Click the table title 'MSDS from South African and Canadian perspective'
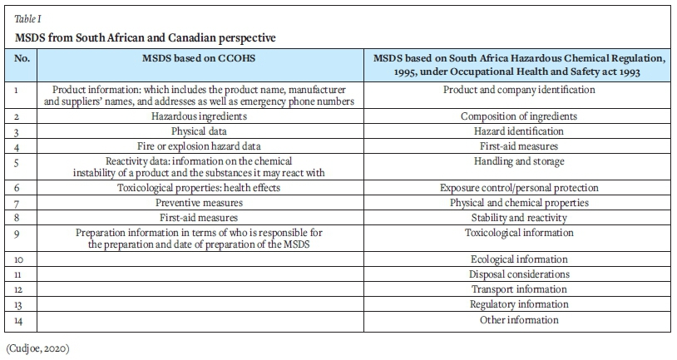tap(146, 38)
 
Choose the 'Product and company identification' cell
tap(518, 89)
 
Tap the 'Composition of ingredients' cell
tap(518, 116)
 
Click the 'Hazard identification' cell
tap(518, 131)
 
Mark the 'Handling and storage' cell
tap(518, 160)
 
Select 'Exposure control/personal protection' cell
tap(518, 188)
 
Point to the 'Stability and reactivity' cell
tap(518, 217)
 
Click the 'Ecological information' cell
tap(518, 259)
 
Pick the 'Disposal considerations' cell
tap(518, 274)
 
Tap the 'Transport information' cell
tap(518, 288)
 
